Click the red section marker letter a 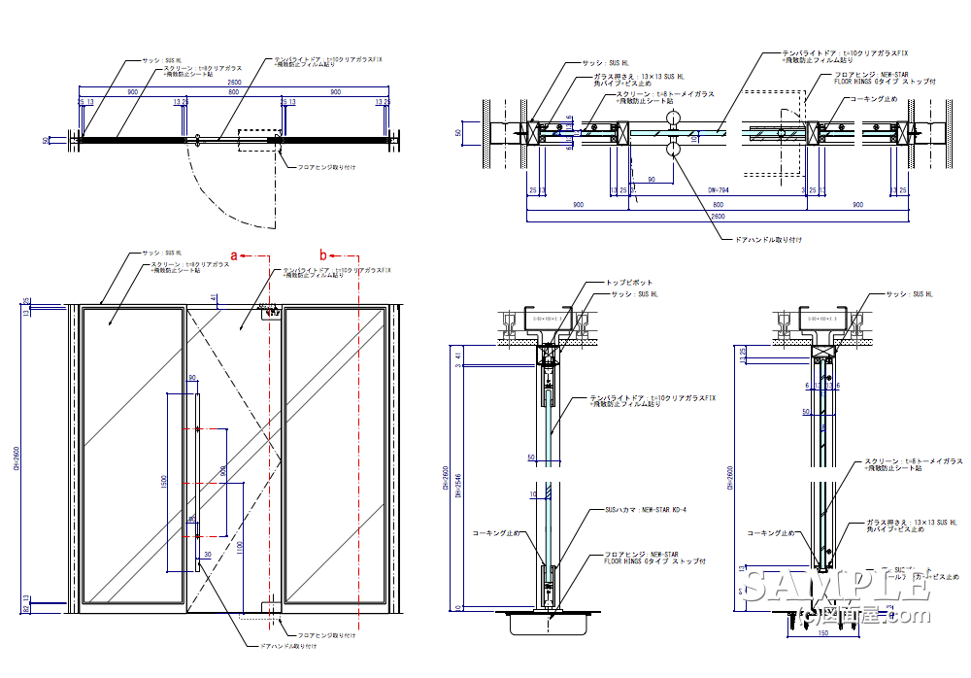point(234,254)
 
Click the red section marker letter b point(324,254)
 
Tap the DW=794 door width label point(719,190)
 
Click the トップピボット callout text point(623,283)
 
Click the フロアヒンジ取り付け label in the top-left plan point(327,167)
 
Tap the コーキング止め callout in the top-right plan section point(872,99)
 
